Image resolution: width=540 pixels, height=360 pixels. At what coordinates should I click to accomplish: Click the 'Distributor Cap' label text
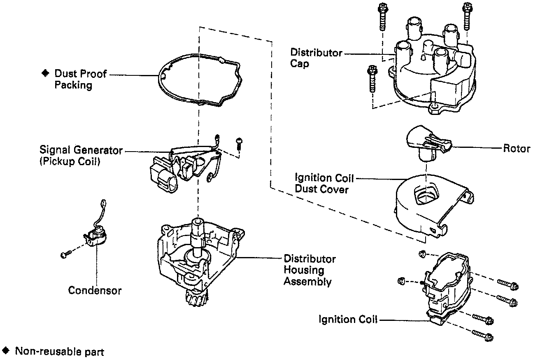coord(316,58)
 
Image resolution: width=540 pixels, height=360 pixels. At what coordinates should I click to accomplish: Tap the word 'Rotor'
coord(517,148)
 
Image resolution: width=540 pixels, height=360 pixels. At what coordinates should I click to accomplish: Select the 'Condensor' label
coord(95,290)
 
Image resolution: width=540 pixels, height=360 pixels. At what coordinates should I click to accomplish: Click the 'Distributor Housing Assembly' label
coord(310,271)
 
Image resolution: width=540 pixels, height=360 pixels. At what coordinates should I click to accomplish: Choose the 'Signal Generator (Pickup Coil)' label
coord(81,156)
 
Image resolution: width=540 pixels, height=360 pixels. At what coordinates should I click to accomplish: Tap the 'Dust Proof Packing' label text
coord(81,79)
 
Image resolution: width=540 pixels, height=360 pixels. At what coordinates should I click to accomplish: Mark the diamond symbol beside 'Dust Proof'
coord(45,73)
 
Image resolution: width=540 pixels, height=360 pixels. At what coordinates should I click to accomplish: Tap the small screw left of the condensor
coord(64,255)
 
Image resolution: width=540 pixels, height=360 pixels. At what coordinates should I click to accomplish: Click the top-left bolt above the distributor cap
coord(381,16)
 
